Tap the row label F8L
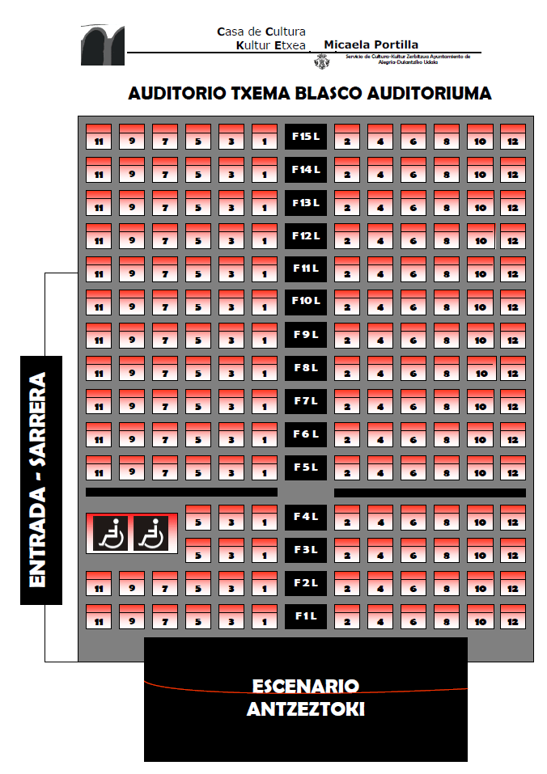305,367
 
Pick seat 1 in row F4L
264,518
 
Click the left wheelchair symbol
111,534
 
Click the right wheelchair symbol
151,534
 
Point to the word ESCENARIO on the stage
306,687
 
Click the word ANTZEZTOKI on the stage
306,710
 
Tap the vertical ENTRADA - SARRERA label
40,480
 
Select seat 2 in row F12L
347,236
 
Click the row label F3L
305,550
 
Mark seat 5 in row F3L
197,551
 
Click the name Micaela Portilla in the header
371,44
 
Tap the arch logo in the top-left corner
102,44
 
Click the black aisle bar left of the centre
181,492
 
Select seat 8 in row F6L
446,435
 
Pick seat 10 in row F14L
480,170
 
